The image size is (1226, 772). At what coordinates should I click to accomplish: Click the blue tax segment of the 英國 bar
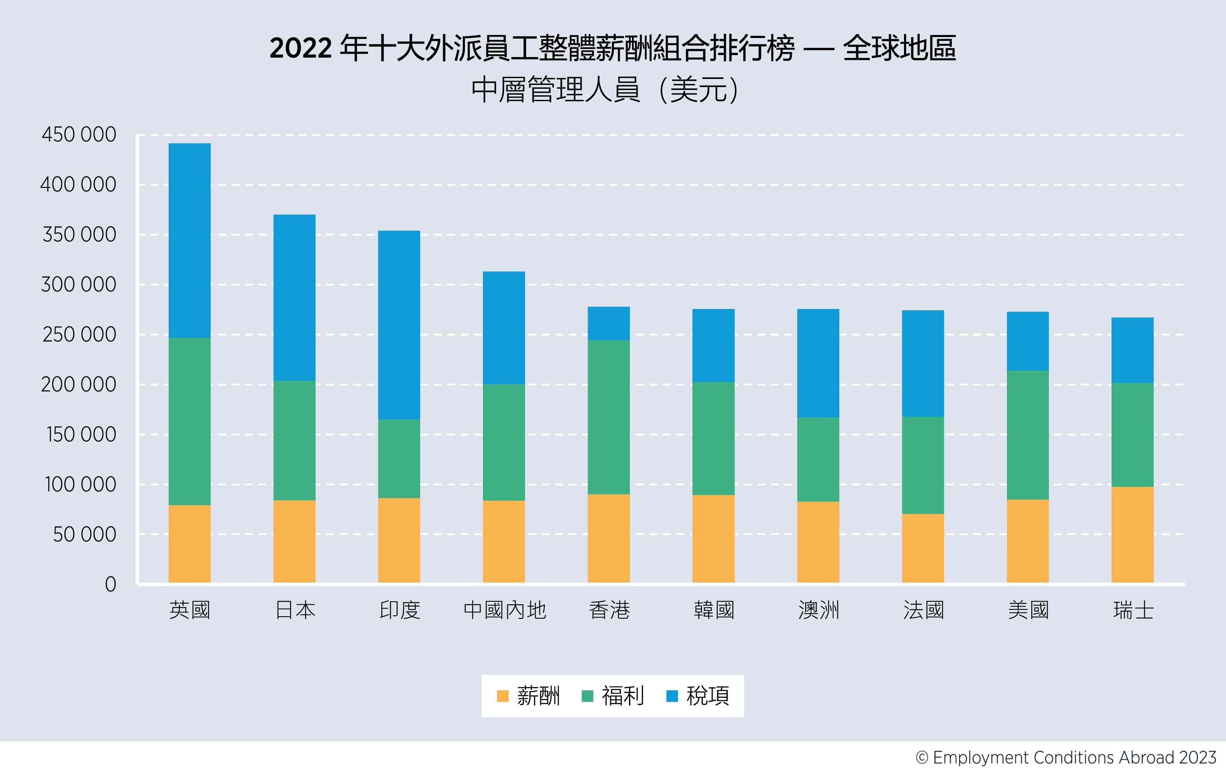[190, 240]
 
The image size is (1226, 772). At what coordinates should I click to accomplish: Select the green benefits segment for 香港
[609, 417]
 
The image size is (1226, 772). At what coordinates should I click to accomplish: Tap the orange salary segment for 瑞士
[1132, 534]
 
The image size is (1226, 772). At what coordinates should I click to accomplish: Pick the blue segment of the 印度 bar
[399, 325]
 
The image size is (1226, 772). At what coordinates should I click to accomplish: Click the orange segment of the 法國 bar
[922, 548]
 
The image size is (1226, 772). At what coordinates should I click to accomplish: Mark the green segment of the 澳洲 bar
[818, 459]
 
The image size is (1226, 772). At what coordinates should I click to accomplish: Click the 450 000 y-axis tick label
[79, 135]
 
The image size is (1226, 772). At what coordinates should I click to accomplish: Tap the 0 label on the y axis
[111, 584]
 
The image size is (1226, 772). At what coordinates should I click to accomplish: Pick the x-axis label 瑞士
[1133, 610]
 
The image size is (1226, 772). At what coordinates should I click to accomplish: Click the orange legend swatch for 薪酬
[503, 696]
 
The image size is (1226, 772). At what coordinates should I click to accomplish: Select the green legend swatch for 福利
[587, 696]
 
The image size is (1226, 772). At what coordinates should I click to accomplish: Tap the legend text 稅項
[708, 696]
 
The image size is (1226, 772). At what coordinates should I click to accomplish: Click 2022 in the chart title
[300, 48]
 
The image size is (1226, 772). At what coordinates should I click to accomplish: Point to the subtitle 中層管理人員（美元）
[605, 90]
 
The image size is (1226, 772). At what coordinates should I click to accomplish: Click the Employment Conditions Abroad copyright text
[1065, 757]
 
